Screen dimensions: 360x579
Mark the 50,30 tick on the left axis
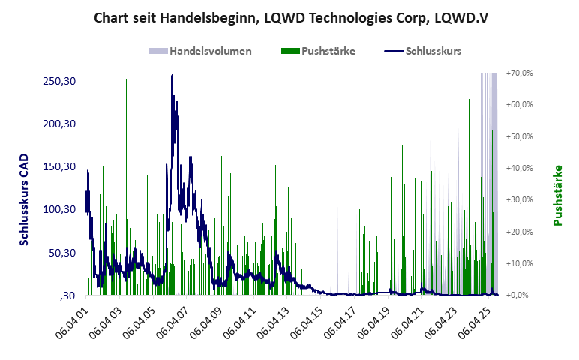click(62, 253)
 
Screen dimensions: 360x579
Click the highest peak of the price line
click(172, 75)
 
